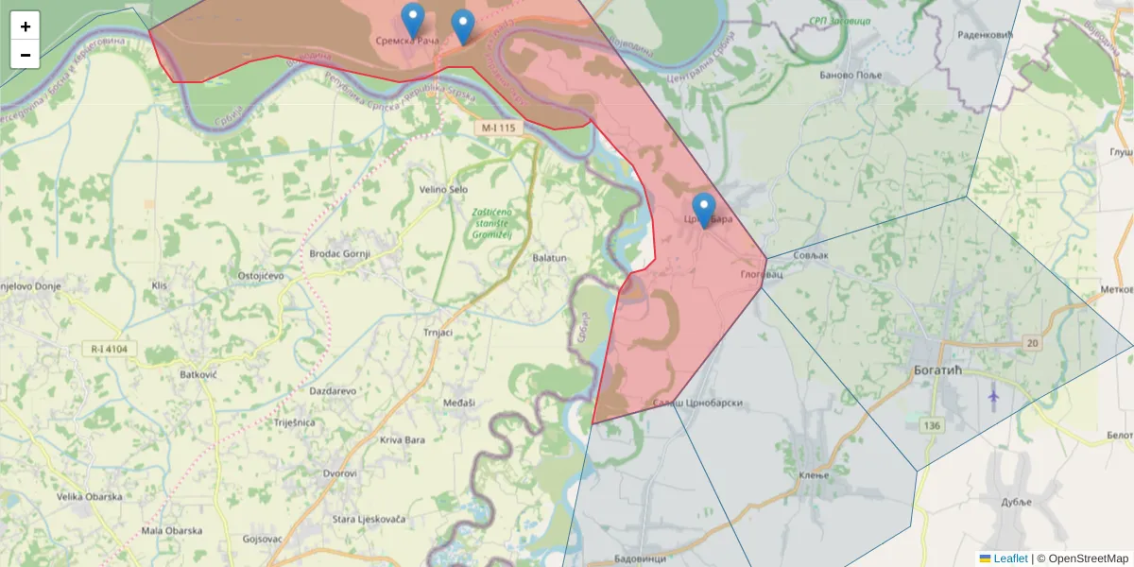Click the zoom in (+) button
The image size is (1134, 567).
[x=26, y=26]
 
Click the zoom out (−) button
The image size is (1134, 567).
[x=26, y=55]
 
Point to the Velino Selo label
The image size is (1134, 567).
[x=443, y=190]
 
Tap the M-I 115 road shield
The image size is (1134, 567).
[x=500, y=128]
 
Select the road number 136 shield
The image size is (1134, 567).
[x=933, y=425]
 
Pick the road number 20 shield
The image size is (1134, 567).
[x=1030, y=342]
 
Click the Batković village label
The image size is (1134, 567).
[x=198, y=374]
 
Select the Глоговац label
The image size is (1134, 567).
[x=763, y=275]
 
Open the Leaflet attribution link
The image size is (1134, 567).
[x=1010, y=558]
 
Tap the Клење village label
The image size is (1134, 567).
[x=814, y=474]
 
